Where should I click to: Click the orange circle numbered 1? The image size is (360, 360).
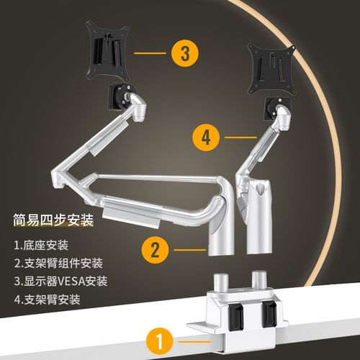159,338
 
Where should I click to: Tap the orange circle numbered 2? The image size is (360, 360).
156,250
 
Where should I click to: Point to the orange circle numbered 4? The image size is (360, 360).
207,137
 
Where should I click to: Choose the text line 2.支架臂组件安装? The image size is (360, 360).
58,264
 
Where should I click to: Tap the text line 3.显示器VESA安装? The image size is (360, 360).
60,282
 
